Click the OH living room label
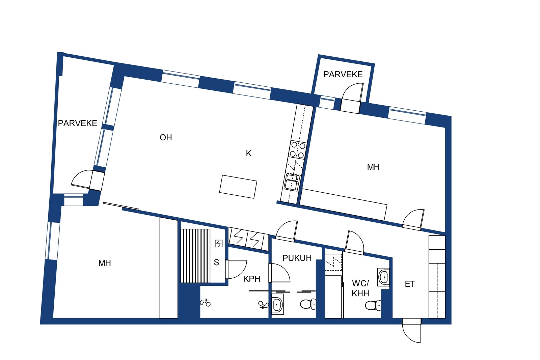click(166, 138)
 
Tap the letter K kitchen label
click(248, 153)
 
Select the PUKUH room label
click(297, 258)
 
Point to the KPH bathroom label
click(252, 279)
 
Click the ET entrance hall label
click(410, 284)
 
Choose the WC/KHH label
click(360, 288)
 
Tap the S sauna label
click(216, 262)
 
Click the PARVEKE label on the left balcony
click(77, 123)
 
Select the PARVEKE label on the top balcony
click(343, 75)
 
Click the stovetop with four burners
click(297, 150)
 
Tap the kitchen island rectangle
click(238, 187)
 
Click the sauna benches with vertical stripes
click(195, 256)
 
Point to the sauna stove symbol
click(218, 244)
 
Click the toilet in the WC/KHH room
click(373, 306)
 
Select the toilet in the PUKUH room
click(308, 304)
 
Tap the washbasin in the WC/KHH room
click(383, 277)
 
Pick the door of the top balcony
click(352, 98)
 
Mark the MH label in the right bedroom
click(373, 167)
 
